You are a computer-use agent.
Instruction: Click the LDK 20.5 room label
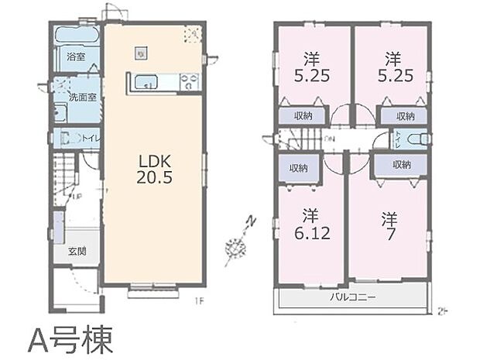(154, 168)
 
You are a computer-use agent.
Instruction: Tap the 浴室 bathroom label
(75, 57)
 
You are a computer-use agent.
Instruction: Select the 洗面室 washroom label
(81, 98)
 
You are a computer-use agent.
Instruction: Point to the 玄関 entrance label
(77, 251)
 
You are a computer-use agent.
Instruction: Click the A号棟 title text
(70, 338)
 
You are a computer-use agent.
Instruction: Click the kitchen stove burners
(189, 81)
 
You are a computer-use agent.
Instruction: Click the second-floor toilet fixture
(417, 139)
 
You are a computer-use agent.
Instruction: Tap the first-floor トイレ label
(90, 139)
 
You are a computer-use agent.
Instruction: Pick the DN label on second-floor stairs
(331, 139)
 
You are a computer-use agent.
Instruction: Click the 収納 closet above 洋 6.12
(298, 168)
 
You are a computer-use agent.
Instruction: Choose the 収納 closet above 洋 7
(401, 165)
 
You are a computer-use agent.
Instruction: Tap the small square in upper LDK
(140, 53)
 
